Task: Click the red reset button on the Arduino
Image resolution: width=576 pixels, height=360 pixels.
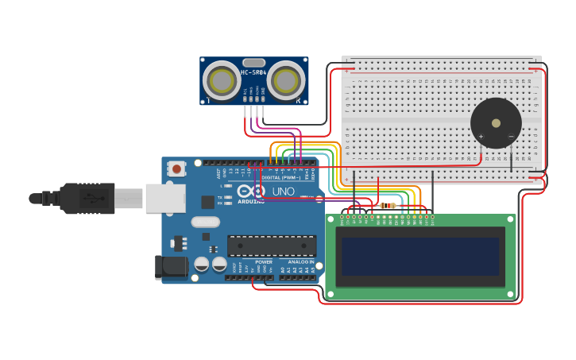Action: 176,168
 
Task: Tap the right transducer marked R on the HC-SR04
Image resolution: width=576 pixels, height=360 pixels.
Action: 286,79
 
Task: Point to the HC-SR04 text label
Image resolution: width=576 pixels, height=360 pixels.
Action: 253,73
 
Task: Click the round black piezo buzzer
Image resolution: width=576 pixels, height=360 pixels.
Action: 496,123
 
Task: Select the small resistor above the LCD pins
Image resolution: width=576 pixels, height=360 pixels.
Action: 388,206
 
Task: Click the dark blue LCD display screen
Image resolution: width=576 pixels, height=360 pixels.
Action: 420,257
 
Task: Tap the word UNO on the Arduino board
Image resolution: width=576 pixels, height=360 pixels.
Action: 284,192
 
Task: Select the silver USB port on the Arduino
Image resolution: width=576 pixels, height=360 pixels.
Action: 165,198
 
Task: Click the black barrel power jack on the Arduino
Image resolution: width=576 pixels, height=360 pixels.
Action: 171,268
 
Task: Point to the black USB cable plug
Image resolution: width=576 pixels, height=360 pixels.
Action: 87,199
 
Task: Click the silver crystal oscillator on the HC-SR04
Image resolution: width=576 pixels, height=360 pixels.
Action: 253,63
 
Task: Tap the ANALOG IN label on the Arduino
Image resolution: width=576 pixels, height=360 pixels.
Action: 300,261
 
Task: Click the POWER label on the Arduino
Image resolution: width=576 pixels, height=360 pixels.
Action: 264,261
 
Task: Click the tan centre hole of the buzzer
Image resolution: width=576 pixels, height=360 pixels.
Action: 496,123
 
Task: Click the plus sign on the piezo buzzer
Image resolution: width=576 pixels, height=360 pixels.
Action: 481,136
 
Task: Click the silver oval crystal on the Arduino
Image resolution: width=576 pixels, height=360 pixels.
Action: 204,223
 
